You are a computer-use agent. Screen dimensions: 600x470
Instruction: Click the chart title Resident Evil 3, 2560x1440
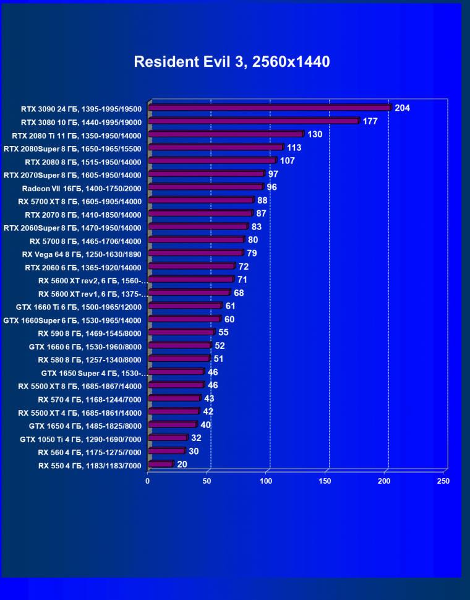232,62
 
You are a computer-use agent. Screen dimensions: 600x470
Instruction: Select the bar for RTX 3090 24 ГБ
270,108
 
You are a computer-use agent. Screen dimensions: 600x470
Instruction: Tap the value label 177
370,121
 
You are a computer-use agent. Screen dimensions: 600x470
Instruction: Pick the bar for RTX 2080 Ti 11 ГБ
226,134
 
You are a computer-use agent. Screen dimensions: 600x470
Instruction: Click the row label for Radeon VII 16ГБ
82,189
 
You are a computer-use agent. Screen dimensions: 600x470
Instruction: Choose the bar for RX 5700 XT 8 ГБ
201,200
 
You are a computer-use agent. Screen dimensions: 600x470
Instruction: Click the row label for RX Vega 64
82,254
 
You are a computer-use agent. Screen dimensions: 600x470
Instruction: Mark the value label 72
244,267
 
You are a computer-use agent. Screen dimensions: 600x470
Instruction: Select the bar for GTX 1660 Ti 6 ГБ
185,306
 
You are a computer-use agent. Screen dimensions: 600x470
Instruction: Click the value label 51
218,359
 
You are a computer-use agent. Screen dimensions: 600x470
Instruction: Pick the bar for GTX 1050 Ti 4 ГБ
168,439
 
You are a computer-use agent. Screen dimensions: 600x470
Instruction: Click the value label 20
182,465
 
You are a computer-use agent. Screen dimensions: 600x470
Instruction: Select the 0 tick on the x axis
148,481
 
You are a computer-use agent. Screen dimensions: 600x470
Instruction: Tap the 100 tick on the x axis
267,481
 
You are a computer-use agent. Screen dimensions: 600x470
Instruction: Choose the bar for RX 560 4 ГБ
166,452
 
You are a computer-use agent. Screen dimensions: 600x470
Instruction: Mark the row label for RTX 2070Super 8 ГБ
72,176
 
